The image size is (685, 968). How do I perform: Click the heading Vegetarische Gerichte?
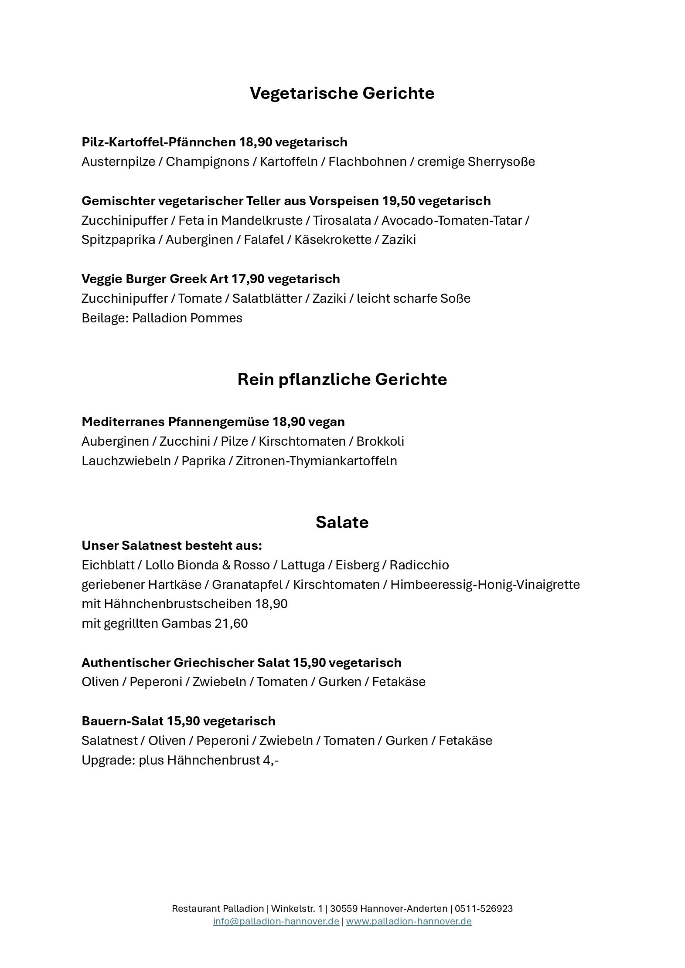coord(342,93)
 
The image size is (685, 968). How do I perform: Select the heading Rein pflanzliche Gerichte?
coord(342,379)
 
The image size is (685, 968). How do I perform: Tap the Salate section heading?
coord(342,522)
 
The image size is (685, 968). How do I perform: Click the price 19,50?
coord(398,201)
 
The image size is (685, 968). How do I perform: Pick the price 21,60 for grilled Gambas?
coord(231,623)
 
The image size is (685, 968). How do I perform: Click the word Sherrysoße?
coord(501,162)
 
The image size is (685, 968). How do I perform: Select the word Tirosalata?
coord(342,220)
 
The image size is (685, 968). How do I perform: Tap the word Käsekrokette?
coord(333,240)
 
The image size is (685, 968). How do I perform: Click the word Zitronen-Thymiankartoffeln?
coord(316,461)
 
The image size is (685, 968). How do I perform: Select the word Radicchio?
coord(419,565)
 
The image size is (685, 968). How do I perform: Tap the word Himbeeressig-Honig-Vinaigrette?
coord(485,585)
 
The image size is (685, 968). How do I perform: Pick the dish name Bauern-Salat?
coord(122,721)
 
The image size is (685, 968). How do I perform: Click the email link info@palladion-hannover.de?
coord(276,921)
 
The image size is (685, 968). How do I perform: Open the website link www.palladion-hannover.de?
coord(409,921)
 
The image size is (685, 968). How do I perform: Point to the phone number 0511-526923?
coord(484,909)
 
